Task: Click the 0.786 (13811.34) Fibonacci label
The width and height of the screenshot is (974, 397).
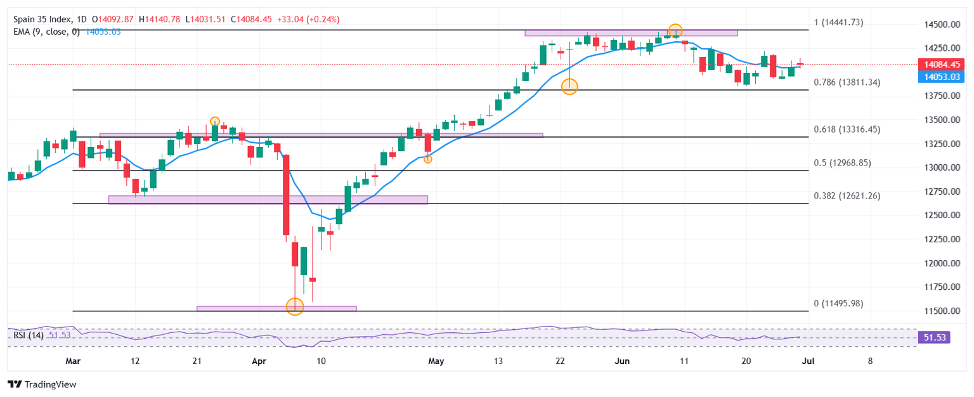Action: pos(847,82)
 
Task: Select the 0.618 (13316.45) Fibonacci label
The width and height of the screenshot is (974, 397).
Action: pos(847,129)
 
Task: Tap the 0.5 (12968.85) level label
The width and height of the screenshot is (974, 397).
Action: pos(842,163)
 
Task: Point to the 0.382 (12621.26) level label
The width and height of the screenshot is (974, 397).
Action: pos(847,196)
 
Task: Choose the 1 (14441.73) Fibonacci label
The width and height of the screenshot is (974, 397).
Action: pos(838,23)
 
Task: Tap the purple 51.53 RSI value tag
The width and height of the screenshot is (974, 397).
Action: pos(935,338)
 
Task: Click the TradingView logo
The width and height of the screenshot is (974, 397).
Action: pos(41,384)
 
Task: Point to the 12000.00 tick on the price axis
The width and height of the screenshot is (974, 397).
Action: pos(937,263)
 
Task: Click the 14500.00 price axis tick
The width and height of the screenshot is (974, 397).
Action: pos(937,25)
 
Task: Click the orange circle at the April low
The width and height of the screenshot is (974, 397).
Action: pos(295,307)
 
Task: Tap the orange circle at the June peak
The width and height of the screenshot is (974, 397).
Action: pos(675,30)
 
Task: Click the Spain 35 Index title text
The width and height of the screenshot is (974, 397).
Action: pos(42,20)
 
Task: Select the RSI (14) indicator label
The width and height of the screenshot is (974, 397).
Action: pos(29,335)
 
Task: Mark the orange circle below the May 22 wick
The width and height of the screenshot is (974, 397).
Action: pos(569,87)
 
